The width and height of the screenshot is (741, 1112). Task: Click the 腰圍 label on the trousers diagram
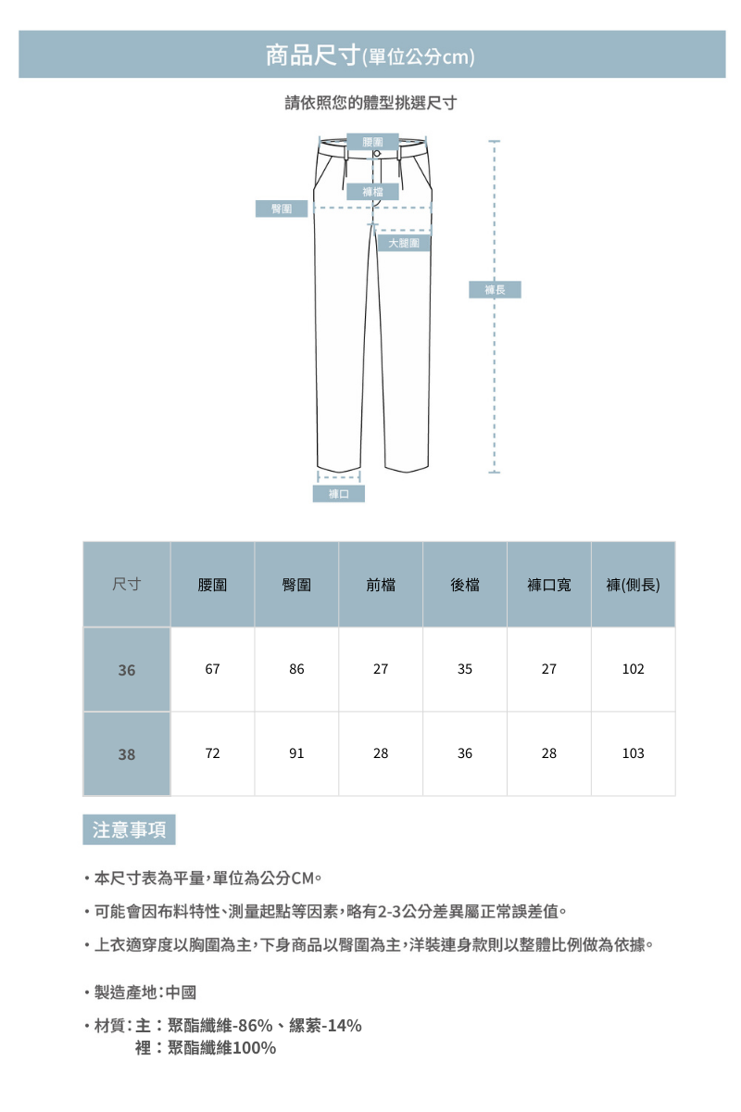click(374, 141)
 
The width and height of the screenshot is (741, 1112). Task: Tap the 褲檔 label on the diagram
click(374, 192)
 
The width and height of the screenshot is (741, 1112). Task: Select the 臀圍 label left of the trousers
click(282, 208)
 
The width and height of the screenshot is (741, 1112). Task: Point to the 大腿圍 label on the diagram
click(404, 243)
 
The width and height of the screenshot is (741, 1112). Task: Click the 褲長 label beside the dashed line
click(496, 290)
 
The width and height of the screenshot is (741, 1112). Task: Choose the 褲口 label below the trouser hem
click(338, 494)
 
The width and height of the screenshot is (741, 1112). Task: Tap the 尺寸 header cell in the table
click(127, 585)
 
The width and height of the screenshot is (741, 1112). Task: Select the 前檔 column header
click(381, 585)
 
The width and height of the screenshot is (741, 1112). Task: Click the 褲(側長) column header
click(633, 585)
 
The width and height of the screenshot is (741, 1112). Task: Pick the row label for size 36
click(127, 669)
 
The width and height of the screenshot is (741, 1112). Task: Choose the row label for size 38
click(127, 754)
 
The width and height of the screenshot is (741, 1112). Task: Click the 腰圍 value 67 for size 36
click(212, 669)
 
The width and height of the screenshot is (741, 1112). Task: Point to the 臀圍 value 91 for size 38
click(296, 754)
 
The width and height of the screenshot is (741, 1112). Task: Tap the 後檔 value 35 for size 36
click(465, 669)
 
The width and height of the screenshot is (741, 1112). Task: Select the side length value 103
click(633, 754)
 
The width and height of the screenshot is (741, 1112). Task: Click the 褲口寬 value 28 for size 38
click(549, 754)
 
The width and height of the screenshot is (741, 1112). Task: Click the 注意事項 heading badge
click(129, 830)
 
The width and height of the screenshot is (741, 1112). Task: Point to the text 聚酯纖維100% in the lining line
click(222, 1048)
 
